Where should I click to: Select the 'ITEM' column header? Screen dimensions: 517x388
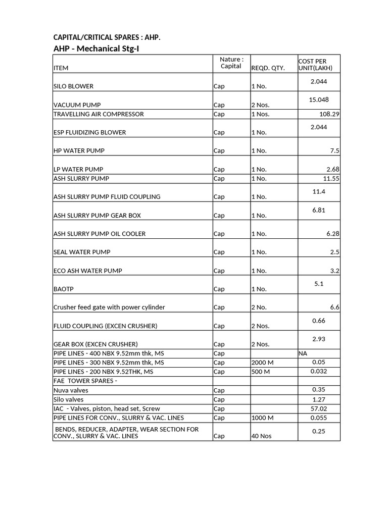61,68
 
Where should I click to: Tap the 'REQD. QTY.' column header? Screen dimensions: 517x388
268,68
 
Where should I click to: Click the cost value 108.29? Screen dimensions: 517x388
329,114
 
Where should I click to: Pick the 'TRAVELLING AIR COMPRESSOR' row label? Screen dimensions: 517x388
99,114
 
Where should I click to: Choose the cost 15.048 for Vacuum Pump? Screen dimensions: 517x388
319,99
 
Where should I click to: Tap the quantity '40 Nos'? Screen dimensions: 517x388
261,436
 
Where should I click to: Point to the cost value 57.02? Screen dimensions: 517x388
319,408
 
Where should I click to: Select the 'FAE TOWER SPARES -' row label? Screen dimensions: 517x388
85,381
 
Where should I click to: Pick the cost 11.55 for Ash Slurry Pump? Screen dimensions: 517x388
330,179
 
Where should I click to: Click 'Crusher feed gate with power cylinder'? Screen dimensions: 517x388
109,307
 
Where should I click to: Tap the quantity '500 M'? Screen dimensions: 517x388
261,372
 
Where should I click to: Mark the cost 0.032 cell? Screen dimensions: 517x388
319,371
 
